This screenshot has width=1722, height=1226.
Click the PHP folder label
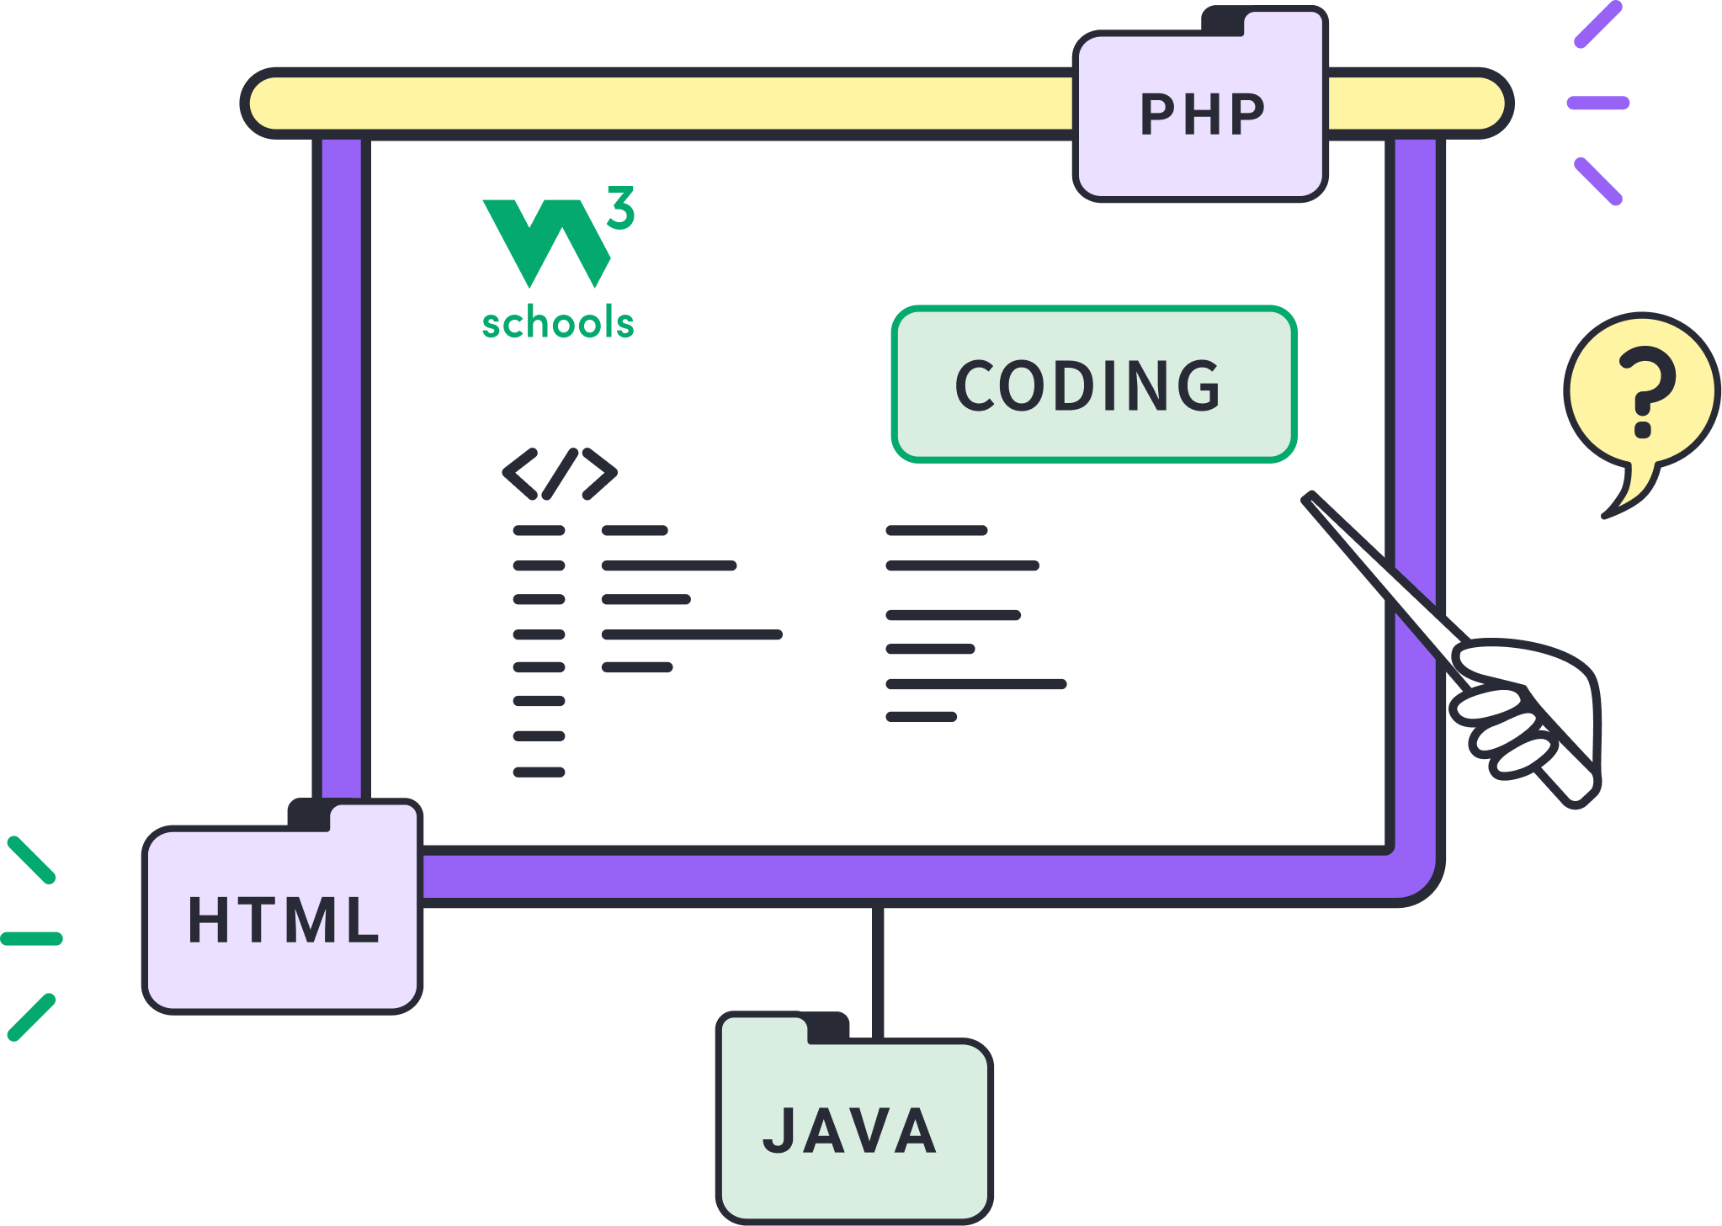pos(1202,114)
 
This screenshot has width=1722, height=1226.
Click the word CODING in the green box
pos(1087,385)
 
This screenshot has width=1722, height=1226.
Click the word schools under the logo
pos(557,323)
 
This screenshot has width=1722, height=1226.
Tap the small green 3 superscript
pos(621,208)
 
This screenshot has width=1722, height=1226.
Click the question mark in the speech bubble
pos(1646,391)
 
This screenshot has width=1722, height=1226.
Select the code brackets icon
pos(560,474)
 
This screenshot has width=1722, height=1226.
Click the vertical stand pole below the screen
pos(878,959)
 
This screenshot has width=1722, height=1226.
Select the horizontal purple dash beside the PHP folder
pos(1597,103)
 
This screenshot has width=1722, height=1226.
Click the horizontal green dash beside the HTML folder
pos(32,938)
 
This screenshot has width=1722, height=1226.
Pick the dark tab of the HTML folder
pos(309,815)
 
